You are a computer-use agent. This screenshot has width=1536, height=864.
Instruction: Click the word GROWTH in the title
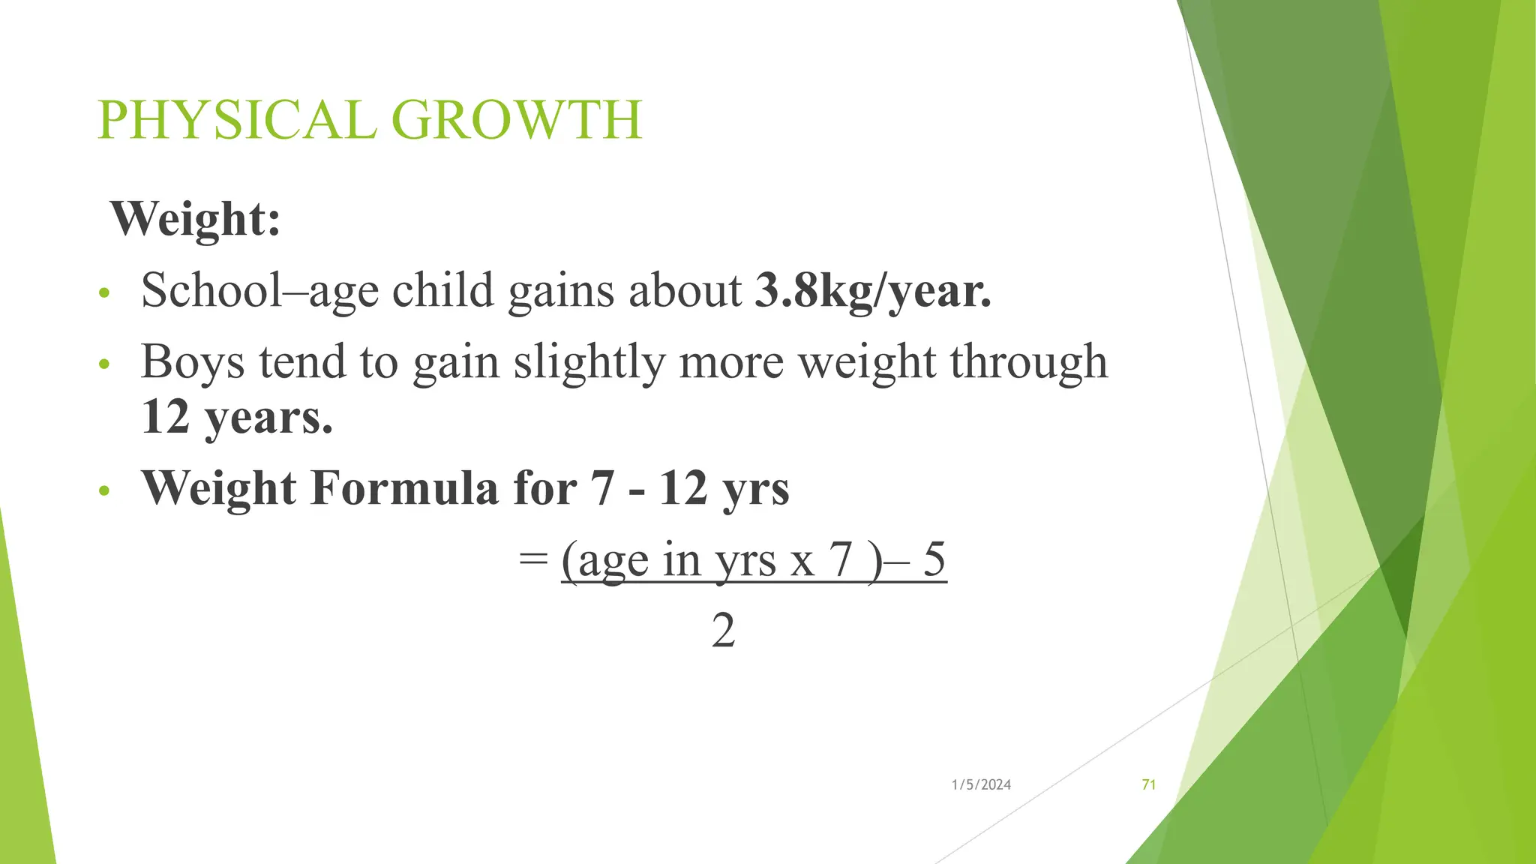coord(517,120)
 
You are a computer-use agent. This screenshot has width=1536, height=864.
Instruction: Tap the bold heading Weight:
coord(196,219)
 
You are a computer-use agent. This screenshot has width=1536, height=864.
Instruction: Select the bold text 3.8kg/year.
coord(873,291)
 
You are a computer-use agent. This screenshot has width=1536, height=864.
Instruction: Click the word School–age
coord(259,291)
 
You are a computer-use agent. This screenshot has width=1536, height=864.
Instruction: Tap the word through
coord(1028,362)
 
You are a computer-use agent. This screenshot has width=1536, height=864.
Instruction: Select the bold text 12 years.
coord(237,417)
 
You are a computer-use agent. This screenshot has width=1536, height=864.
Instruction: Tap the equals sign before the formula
coord(532,559)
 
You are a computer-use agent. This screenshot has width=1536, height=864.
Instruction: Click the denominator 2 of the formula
coord(723,631)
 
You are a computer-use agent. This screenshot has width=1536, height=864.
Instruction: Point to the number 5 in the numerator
coord(934,559)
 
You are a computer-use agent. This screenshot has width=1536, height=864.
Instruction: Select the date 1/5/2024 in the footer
coord(981,784)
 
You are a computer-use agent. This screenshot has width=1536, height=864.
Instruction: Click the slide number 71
coord(1148,784)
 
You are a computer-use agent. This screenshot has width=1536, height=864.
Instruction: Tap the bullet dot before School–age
coord(104,292)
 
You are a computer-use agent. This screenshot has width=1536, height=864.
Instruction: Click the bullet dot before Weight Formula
coord(104,491)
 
